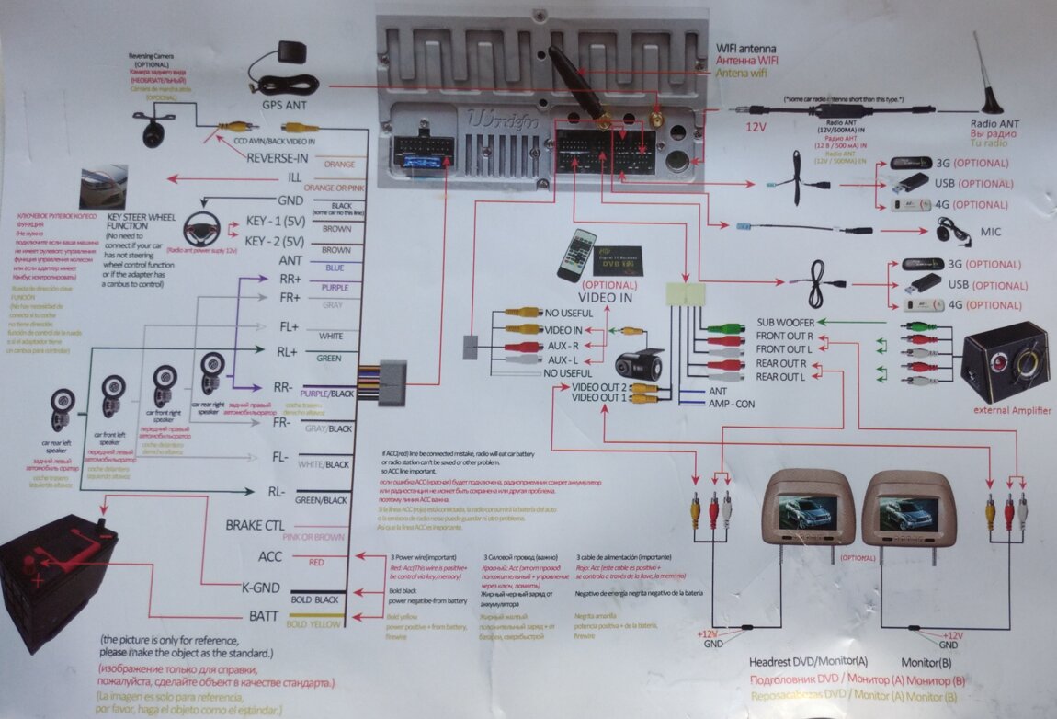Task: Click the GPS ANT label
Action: click(284, 106)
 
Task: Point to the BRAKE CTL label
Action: click(255, 526)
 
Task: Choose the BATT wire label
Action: click(264, 615)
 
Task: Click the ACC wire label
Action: click(270, 556)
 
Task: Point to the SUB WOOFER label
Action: click(785, 323)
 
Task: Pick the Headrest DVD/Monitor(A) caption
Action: click(808, 662)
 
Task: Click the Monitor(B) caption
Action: click(926, 662)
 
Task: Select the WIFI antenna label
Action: click(746, 48)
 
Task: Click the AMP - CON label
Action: click(733, 404)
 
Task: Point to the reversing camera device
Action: click(153, 129)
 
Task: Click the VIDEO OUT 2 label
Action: click(598, 387)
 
